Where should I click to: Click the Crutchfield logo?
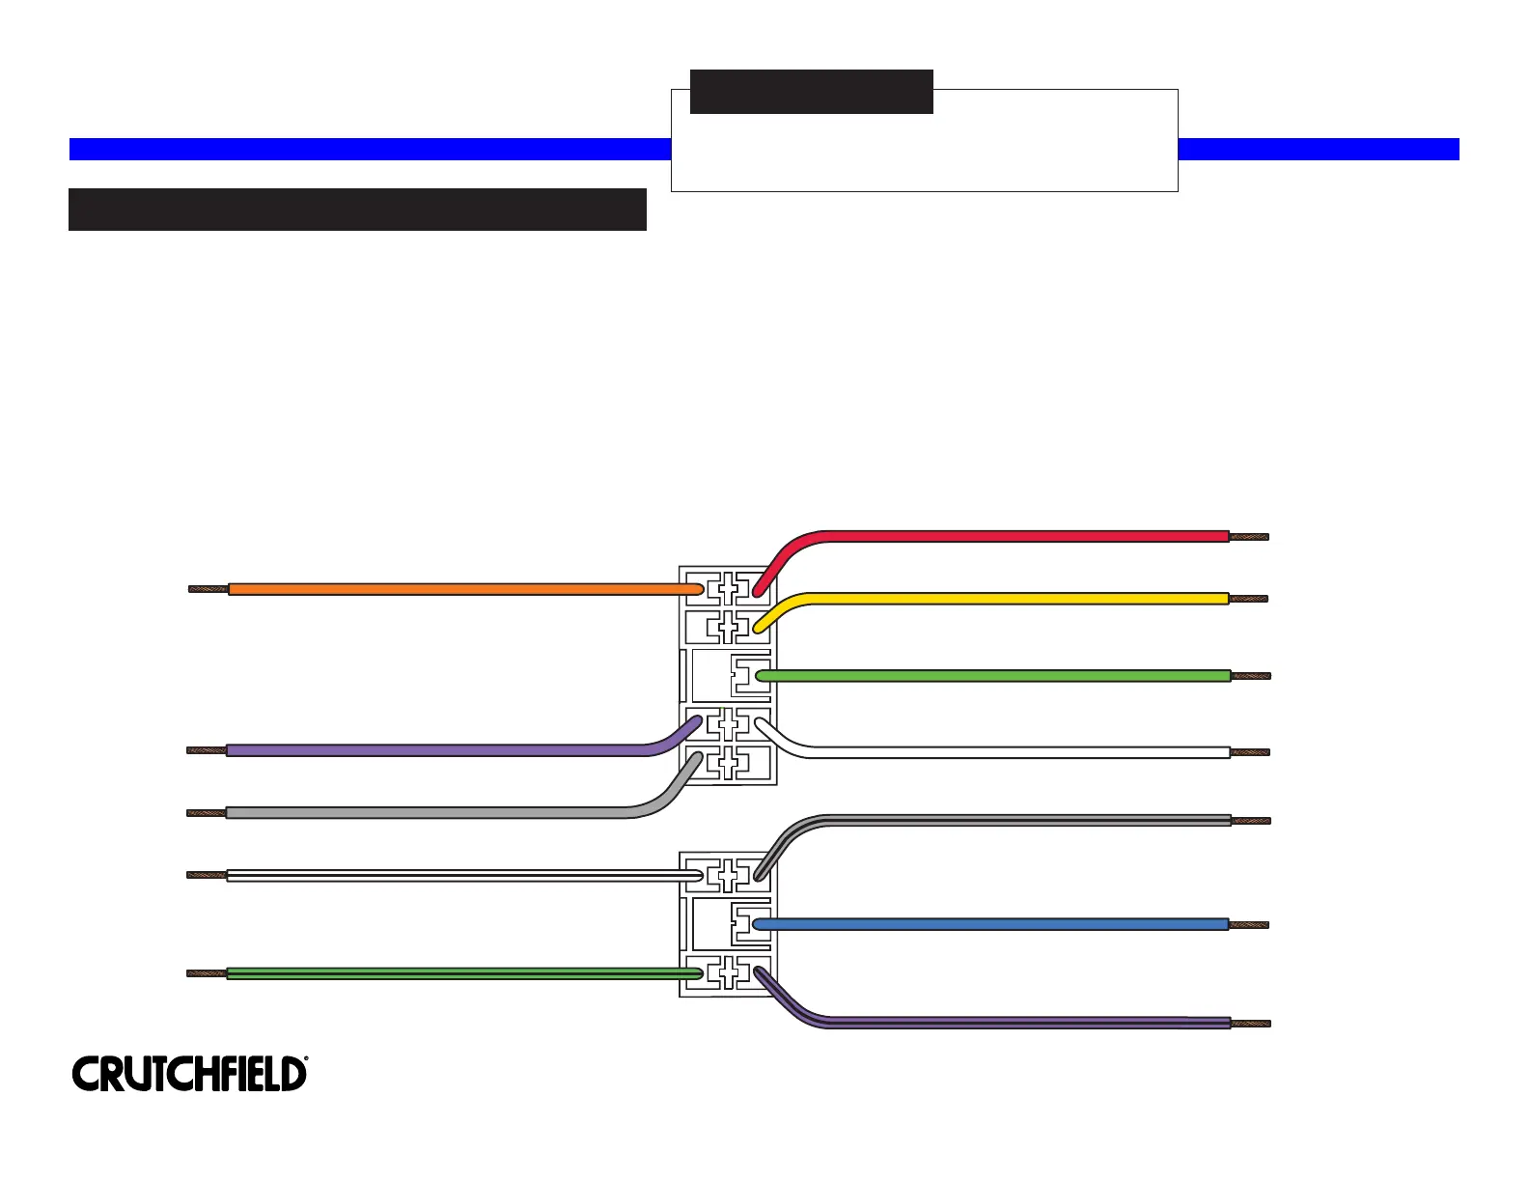click(x=189, y=1074)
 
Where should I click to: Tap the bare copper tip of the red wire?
click(x=1248, y=537)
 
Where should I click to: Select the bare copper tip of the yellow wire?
click(x=1248, y=599)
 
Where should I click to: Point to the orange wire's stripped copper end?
click(x=208, y=589)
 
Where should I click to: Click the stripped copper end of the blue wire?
click(x=1249, y=925)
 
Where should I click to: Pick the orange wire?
click(x=463, y=589)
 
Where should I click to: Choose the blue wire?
click(x=994, y=924)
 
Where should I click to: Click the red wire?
click(x=1023, y=536)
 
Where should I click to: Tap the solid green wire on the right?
click(x=994, y=676)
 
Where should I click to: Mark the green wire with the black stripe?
click(x=463, y=973)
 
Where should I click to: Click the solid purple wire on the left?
click(x=434, y=750)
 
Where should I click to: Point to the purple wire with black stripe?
click(x=1023, y=1023)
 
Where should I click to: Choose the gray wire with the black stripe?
click(x=1023, y=821)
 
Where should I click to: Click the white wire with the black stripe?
click(x=463, y=876)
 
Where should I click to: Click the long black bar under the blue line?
click(x=357, y=210)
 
